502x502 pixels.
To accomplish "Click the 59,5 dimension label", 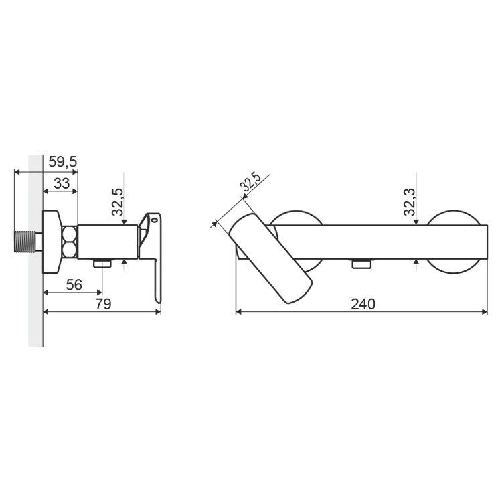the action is (63, 162).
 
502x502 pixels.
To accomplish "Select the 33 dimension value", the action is (62, 184).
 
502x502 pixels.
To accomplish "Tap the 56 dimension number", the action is (74, 285).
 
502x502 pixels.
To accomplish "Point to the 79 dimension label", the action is (103, 304).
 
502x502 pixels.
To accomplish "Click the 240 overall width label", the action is (363, 304).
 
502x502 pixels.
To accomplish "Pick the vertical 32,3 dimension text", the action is (409, 202).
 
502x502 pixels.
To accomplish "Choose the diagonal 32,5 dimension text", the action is (251, 181).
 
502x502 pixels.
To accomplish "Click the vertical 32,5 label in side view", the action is (118, 202).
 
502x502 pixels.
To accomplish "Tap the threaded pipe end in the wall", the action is (25, 242).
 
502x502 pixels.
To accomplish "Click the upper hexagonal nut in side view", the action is (70, 234).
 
